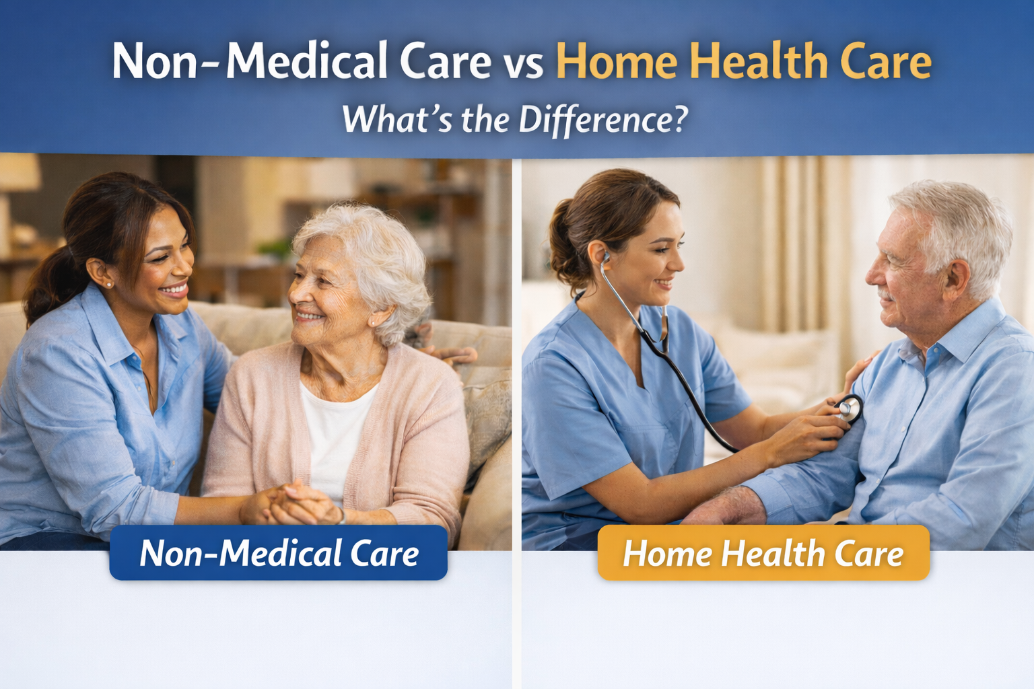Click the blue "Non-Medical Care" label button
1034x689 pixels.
pos(278,552)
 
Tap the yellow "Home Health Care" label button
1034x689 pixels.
pos(763,552)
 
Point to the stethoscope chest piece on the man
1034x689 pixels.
pos(848,408)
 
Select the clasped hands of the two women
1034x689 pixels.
pos(291,503)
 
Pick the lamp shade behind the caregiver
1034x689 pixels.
pos(18,172)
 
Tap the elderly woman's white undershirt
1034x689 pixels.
pos(337,439)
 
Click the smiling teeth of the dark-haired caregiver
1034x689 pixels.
pos(174,290)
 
